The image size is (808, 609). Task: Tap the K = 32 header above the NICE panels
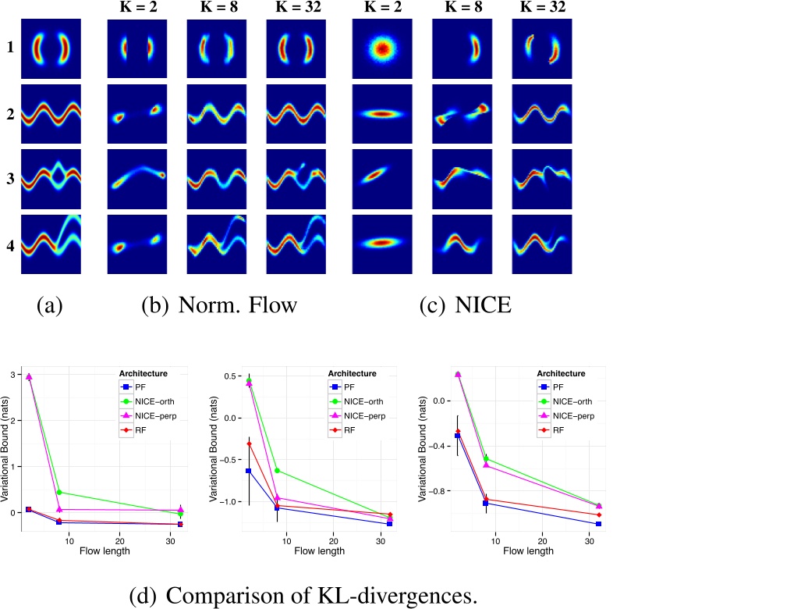[542, 9]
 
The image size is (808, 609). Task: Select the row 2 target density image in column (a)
[51, 114]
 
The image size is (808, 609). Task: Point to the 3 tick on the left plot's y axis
[13, 375]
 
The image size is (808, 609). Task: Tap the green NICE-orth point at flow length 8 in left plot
[60, 492]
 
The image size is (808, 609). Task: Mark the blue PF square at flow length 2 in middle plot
[249, 471]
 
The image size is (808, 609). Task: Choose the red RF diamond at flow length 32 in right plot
[599, 515]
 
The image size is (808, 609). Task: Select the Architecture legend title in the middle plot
[352, 373]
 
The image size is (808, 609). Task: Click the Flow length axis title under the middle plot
[320, 550]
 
